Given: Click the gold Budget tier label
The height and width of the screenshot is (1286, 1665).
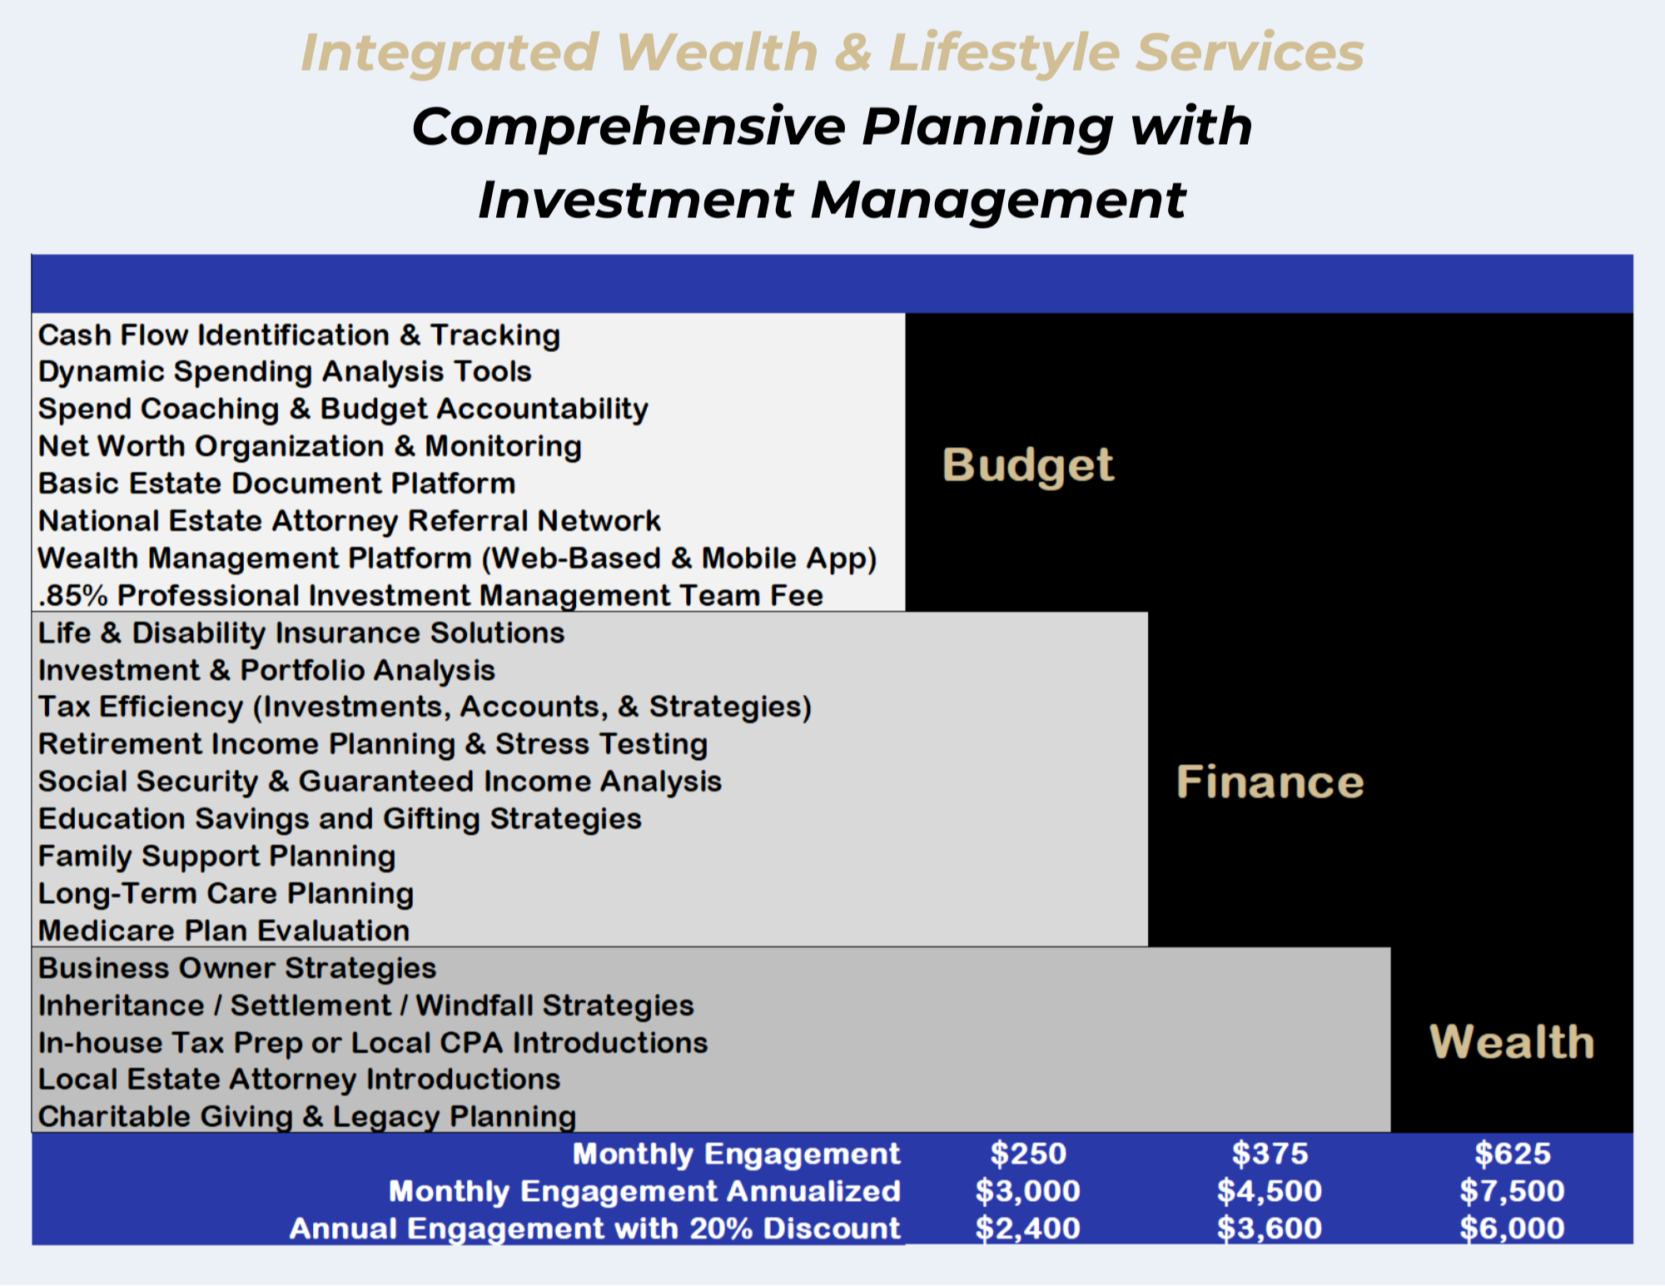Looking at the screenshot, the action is click(x=1027, y=465).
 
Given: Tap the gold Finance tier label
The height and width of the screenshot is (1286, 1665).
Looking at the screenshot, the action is click(x=1270, y=782).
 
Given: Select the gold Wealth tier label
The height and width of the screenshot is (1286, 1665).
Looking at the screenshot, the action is click(x=1511, y=1041).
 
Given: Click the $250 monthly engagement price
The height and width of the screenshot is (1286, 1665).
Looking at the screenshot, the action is click(x=1028, y=1154).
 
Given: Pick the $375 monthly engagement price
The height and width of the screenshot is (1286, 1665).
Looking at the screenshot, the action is click(x=1270, y=1154).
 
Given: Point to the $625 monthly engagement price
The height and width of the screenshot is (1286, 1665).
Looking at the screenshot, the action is click(x=1512, y=1154).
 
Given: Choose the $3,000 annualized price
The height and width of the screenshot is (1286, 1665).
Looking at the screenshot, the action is click(x=1028, y=1191).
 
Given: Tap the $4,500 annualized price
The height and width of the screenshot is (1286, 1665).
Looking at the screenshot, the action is click(x=1270, y=1191).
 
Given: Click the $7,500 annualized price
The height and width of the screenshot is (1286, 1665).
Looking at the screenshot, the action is click(x=1512, y=1191).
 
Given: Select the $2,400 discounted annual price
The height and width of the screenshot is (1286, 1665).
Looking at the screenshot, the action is click(x=1028, y=1229).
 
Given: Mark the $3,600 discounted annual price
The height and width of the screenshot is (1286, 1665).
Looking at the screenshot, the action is click(x=1270, y=1229).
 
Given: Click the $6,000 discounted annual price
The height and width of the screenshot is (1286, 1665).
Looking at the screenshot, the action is click(x=1512, y=1229).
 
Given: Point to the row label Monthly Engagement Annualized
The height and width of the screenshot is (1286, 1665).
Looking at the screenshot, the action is click(x=644, y=1191).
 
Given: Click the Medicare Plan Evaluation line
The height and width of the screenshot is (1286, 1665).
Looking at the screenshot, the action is click(x=224, y=931).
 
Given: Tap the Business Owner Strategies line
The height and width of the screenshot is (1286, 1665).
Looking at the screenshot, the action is click(x=237, y=968).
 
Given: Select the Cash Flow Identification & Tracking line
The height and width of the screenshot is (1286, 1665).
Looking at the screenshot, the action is click(x=299, y=335).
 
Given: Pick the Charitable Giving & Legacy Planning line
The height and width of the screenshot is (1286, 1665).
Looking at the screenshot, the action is click(x=307, y=1117).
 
